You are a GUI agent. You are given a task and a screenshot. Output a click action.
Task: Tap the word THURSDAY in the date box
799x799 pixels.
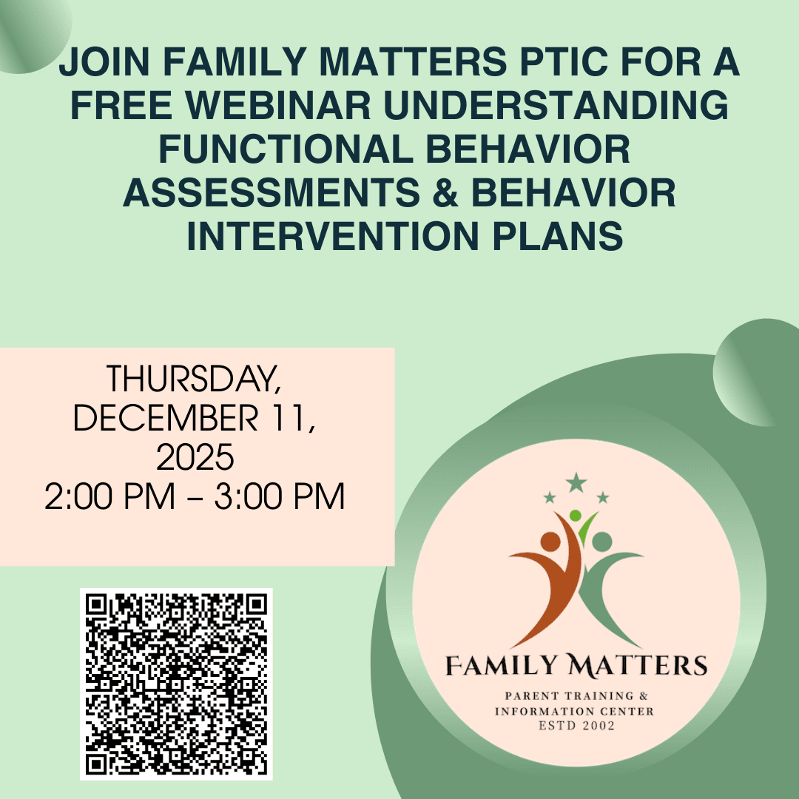click(x=194, y=380)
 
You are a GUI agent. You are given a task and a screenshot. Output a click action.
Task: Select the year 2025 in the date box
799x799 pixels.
click(x=196, y=458)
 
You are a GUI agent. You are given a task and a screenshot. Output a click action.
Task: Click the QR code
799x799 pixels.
click(x=176, y=684)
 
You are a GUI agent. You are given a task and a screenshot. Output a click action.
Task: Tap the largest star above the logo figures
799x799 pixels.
click(x=576, y=483)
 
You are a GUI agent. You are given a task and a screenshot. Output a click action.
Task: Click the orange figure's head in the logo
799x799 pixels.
click(x=550, y=542)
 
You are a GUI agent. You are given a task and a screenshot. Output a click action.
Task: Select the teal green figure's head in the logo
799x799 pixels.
click(x=602, y=542)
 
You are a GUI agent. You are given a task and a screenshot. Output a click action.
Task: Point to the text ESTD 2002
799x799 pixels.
click(x=576, y=726)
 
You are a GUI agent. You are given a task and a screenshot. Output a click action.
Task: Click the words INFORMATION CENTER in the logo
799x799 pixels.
click(x=576, y=711)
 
